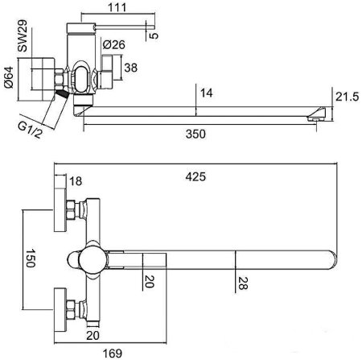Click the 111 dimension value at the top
click(x=117, y=7)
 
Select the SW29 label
click(x=23, y=35)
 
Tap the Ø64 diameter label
click(x=9, y=77)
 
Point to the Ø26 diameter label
click(x=114, y=45)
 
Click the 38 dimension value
click(x=131, y=68)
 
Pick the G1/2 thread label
click(x=31, y=130)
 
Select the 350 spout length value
click(x=195, y=134)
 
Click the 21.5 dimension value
click(x=347, y=97)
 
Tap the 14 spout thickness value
click(x=207, y=93)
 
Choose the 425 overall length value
click(x=195, y=177)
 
